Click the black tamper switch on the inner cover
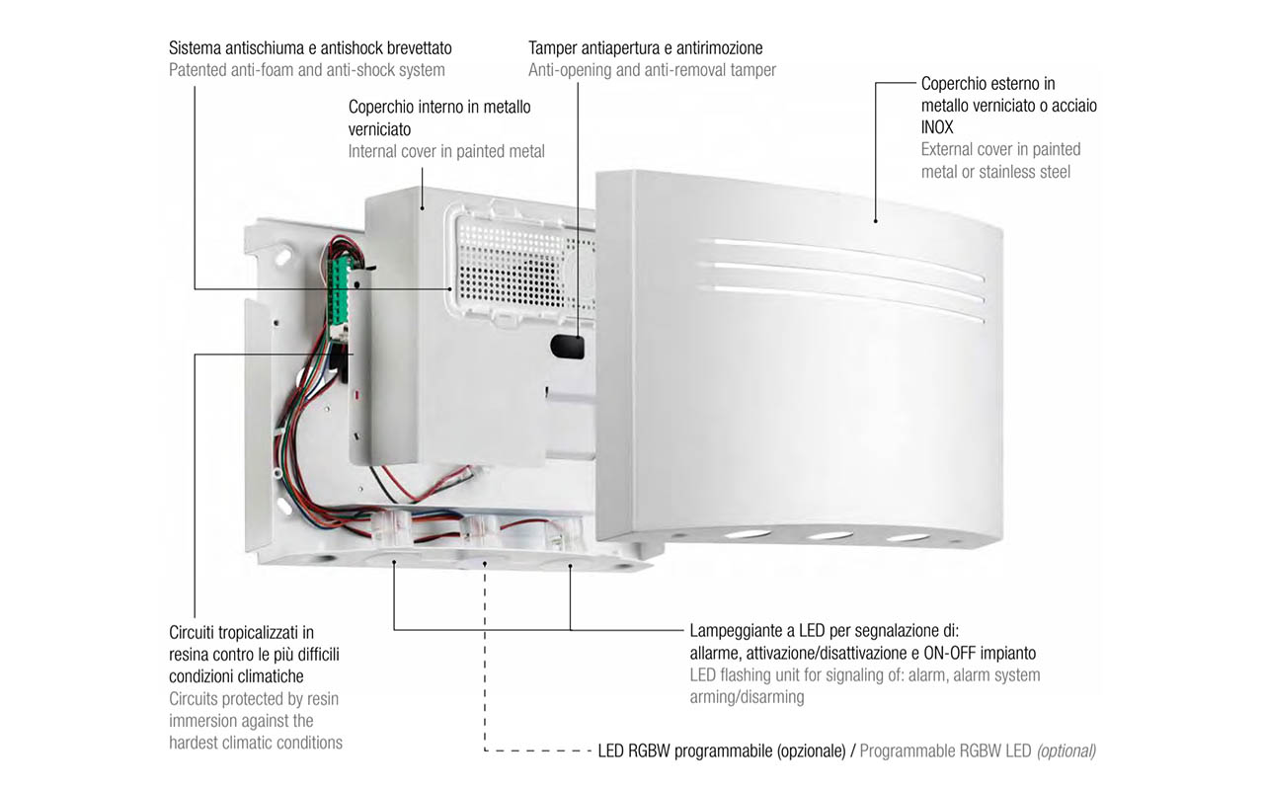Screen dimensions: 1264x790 tap(567, 347)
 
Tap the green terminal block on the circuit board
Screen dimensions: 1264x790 tap(340, 293)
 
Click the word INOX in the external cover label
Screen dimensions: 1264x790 tap(937, 127)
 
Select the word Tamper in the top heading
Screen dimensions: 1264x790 tap(552, 48)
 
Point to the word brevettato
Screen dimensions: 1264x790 tap(419, 48)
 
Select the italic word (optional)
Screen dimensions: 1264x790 tap(1066, 751)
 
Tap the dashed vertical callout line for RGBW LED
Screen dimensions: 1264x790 tap(485, 657)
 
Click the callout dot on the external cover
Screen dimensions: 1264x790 tap(875, 221)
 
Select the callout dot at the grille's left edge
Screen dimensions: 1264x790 tap(450, 289)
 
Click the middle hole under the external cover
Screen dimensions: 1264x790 tap(829, 534)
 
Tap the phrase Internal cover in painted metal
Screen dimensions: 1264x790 tap(446, 152)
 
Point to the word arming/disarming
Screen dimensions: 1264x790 tap(747, 697)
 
